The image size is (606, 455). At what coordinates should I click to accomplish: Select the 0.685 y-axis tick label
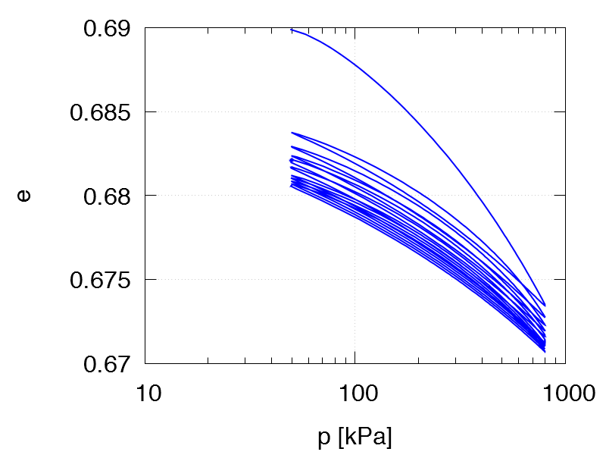(x=98, y=112)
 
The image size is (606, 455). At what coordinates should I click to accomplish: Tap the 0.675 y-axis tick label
(x=98, y=280)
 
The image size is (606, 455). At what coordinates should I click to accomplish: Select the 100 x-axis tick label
(x=355, y=394)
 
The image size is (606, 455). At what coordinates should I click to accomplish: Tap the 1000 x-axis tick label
(x=564, y=394)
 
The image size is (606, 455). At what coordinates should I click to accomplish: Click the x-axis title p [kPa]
(x=355, y=438)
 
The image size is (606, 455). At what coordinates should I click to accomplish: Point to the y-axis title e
(x=24, y=196)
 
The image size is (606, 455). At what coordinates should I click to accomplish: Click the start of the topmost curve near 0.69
(x=292, y=30)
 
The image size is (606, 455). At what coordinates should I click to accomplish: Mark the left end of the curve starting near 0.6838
(x=292, y=133)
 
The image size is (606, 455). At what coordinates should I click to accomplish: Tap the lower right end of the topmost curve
(x=545, y=305)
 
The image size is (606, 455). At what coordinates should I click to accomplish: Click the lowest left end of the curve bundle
(x=292, y=186)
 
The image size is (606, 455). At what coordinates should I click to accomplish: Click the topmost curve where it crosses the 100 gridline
(x=355, y=61)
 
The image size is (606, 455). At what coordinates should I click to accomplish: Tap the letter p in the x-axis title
(x=323, y=439)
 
